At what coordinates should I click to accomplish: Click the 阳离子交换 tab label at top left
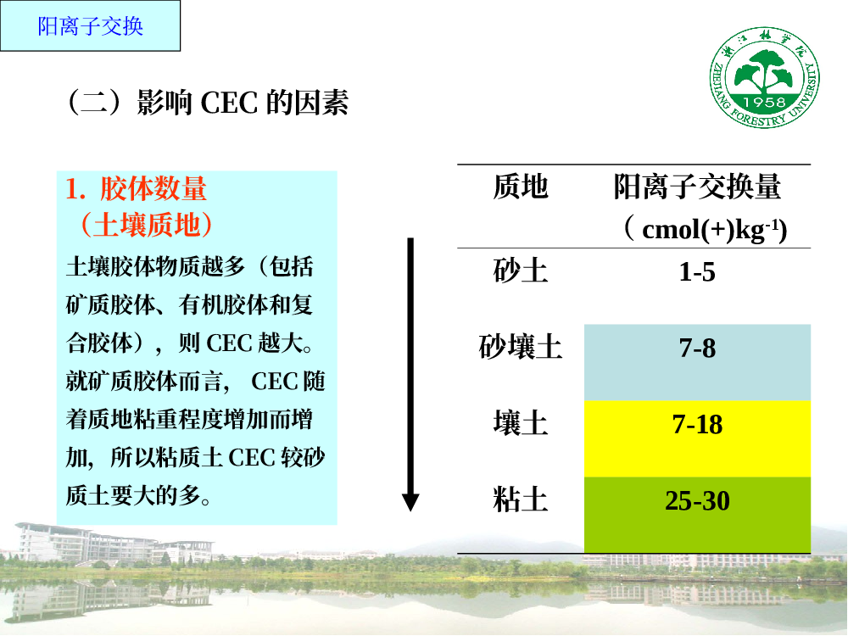point(91,26)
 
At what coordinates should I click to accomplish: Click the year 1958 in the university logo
point(764,102)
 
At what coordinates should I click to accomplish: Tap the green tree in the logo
point(764,71)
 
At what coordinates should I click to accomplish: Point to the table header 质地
point(521,187)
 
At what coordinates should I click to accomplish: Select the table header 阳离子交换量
point(697,187)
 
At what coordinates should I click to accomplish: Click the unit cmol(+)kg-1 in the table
point(706,229)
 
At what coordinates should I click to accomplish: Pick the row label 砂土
point(521,271)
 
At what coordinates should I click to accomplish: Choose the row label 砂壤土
point(521,347)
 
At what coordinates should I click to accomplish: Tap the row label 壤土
point(521,423)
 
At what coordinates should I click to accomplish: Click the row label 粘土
point(521,499)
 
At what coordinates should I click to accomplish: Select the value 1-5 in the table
point(697,271)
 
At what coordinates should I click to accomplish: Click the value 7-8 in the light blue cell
point(697,348)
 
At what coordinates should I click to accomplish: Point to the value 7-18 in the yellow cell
point(697,425)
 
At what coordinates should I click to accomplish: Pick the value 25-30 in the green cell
point(697,501)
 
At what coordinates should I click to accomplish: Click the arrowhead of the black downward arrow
point(410,502)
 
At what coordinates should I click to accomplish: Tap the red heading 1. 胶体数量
point(136,189)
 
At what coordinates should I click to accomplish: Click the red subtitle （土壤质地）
point(146,225)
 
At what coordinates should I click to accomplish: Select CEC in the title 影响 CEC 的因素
point(229,103)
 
